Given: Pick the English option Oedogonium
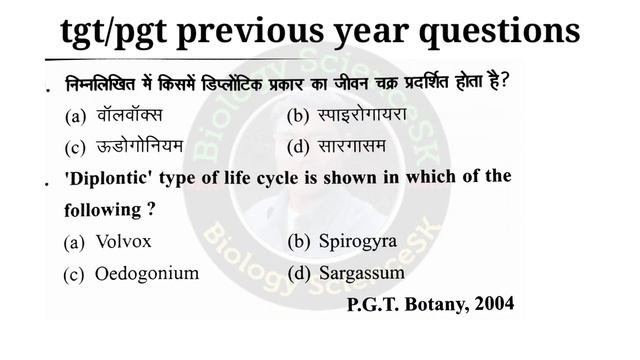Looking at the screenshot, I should pos(146,273).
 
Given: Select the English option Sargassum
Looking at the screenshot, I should pos(361,272).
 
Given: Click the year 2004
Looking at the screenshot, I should pos(495,304).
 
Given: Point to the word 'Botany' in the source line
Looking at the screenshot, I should pos(437,304).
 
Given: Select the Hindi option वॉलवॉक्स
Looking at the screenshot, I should pos(129,115).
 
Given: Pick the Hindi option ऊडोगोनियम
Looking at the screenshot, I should pos(140,147).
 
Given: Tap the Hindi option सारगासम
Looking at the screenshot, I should pos(352,147).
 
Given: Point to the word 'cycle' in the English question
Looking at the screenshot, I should pos(294,179).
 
